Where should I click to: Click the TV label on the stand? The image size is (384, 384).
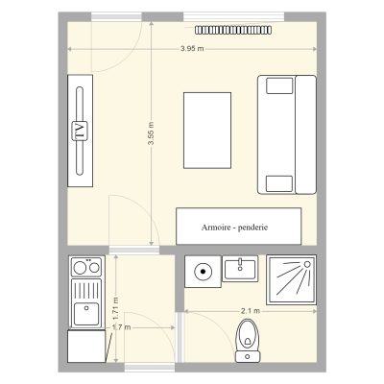click(x=80, y=131)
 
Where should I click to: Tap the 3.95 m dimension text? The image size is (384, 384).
click(x=192, y=49)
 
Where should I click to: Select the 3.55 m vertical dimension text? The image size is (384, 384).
click(x=151, y=133)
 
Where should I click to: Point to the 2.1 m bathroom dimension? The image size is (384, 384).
click(x=251, y=311)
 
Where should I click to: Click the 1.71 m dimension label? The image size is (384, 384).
click(x=115, y=308)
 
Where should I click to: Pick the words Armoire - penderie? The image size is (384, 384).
click(x=234, y=228)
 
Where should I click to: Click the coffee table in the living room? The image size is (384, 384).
click(x=207, y=131)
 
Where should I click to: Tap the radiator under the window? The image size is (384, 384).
click(x=233, y=30)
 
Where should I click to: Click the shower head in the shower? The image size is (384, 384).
click(x=307, y=264)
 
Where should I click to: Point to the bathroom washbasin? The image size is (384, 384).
click(x=240, y=269)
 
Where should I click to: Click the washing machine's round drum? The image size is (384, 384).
click(x=203, y=272)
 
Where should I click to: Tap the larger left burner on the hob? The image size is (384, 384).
click(x=80, y=268)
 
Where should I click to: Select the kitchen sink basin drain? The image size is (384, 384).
click(x=86, y=308)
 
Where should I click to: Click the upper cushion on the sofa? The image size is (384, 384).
click(x=279, y=85)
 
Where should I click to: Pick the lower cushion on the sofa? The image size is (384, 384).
click(x=279, y=183)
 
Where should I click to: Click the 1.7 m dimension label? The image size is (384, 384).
click(x=121, y=327)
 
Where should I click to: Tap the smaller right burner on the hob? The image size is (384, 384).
click(x=94, y=268)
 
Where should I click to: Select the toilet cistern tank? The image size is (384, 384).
click(x=248, y=356)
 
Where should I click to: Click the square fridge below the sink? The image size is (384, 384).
click(x=86, y=347)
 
